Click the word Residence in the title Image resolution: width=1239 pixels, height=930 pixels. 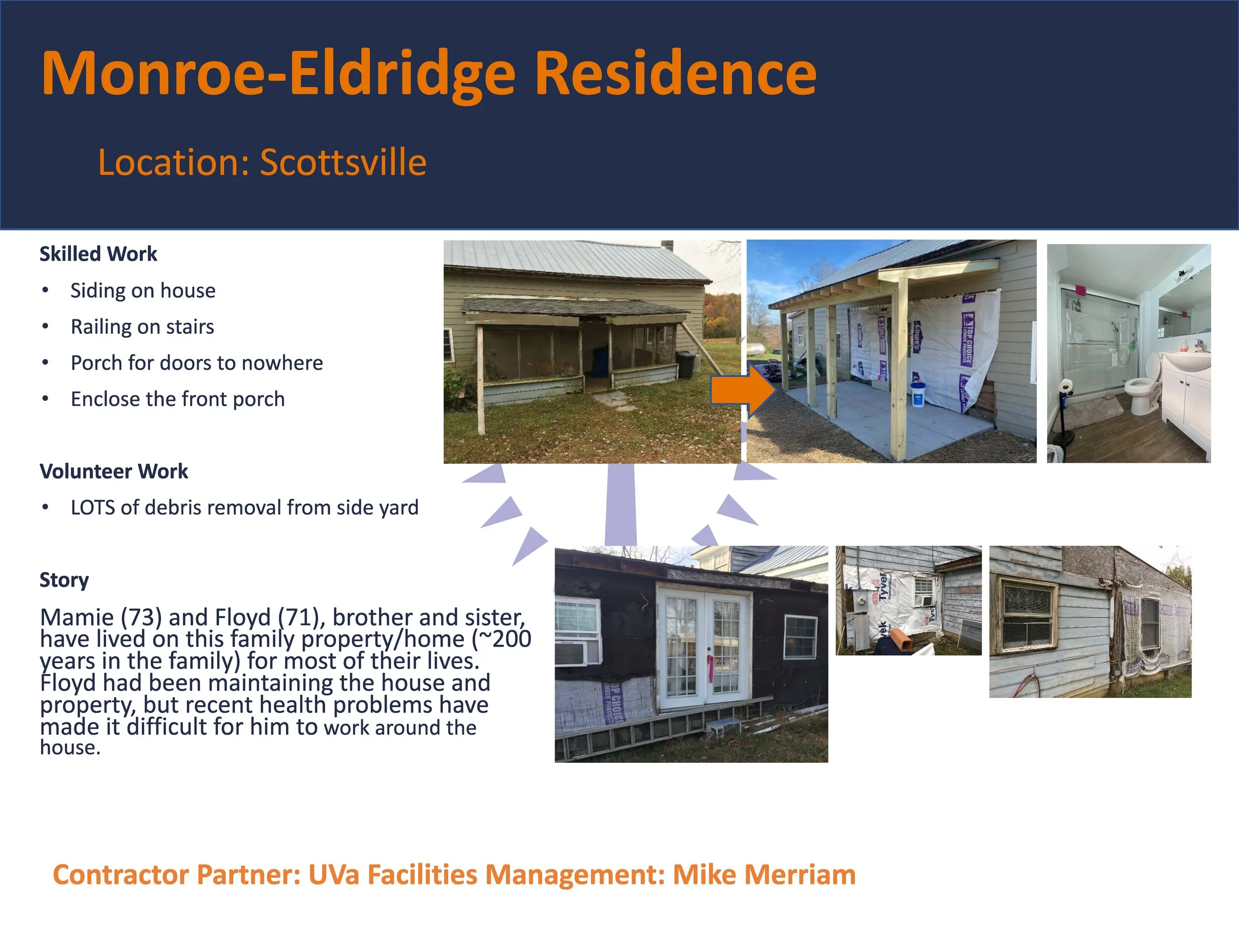[x=676, y=73]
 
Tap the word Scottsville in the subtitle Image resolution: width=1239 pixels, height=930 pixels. [x=343, y=163]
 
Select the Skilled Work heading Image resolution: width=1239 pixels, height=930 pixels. [x=98, y=254]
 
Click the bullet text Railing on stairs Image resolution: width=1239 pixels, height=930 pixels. [x=142, y=327]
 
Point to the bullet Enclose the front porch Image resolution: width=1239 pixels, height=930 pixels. [x=177, y=399]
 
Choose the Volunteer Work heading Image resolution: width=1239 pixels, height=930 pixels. [x=113, y=471]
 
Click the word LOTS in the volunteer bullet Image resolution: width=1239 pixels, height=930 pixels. [x=92, y=508]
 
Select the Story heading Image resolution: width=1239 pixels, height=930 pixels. [x=64, y=580]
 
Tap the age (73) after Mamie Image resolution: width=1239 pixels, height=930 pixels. [x=141, y=617]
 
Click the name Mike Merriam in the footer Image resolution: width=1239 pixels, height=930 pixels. [x=764, y=875]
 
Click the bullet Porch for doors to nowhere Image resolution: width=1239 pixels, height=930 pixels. [x=197, y=363]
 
